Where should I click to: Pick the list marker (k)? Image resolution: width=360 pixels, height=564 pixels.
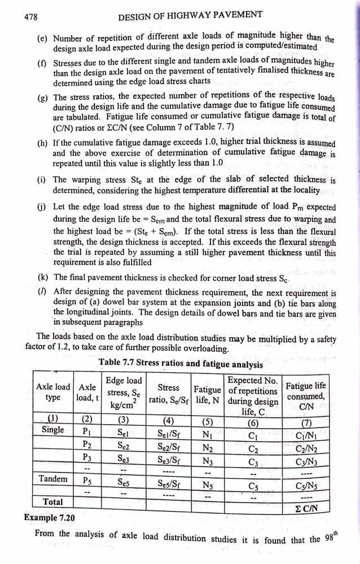42,277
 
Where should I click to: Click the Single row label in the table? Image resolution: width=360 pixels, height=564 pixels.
53,430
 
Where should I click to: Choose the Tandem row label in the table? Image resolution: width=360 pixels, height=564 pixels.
53,479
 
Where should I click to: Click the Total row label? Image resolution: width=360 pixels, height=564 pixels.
53,502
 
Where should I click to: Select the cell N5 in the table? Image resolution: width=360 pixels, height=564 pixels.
207,483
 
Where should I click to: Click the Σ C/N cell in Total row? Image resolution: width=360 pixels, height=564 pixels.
305,508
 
